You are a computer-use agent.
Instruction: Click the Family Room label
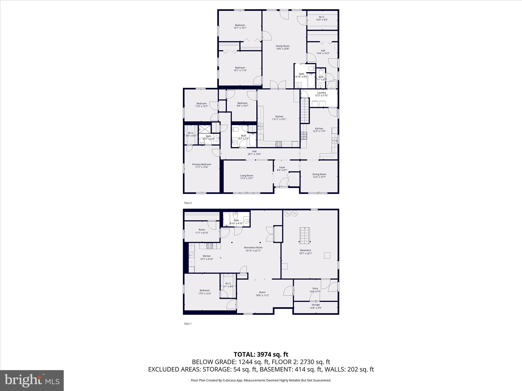click(282, 46)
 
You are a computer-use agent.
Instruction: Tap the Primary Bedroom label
click(202, 164)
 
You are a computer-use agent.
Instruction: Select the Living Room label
click(246, 176)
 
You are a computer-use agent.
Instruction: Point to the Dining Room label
click(319, 174)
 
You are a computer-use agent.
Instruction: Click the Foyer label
click(282, 167)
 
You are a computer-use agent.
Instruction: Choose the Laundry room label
click(321, 93)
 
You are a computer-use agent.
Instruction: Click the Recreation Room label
click(253, 247)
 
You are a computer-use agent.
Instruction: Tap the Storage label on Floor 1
click(315, 305)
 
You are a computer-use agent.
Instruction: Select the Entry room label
click(315, 288)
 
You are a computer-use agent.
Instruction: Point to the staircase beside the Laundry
click(305, 111)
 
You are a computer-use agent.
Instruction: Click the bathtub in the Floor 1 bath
click(227, 219)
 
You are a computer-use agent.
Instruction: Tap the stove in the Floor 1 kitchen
click(210, 246)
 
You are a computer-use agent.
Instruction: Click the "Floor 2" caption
click(188, 203)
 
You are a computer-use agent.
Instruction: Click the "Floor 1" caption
click(188, 324)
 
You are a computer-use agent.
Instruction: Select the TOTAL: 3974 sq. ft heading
click(261, 354)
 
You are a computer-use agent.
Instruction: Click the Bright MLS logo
click(32, 380)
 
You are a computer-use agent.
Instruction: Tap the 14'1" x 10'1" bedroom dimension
click(240, 28)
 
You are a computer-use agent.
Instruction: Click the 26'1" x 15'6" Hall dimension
click(254, 154)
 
